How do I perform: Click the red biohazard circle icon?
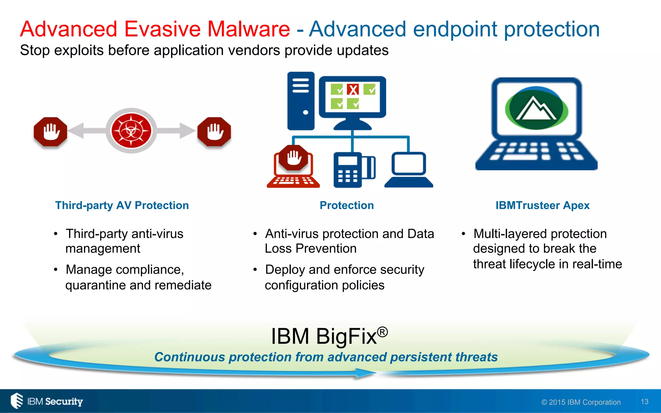pyautogui.click(x=131, y=131)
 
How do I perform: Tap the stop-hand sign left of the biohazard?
pyautogui.click(x=51, y=132)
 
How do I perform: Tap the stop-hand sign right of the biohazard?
pyautogui.click(x=214, y=132)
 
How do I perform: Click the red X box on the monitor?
pyautogui.click(x=353, y=90)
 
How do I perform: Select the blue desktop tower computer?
pyautogui.click(x=301, y=101)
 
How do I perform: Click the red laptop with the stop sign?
pyautogui.click(x=293, y=168)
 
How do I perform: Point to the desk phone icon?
pyautogui.click(x=354, y=170)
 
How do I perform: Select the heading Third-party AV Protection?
pyautogui.click(x=122, y=206)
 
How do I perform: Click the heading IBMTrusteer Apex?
pyautogui.click(x=542, y=206)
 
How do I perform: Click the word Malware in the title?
pyautogui.click(x=248, y=29)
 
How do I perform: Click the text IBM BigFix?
pyautogui.click(x=324, y=337)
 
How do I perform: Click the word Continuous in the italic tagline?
pyautogui.click(x=189, y=357)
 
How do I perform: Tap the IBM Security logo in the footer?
pyautogui.click(x=47, y=401)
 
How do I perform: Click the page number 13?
pyautogui.click(x=644, y=402)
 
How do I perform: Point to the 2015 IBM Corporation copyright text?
pyautogui.click(x=581, y=402)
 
